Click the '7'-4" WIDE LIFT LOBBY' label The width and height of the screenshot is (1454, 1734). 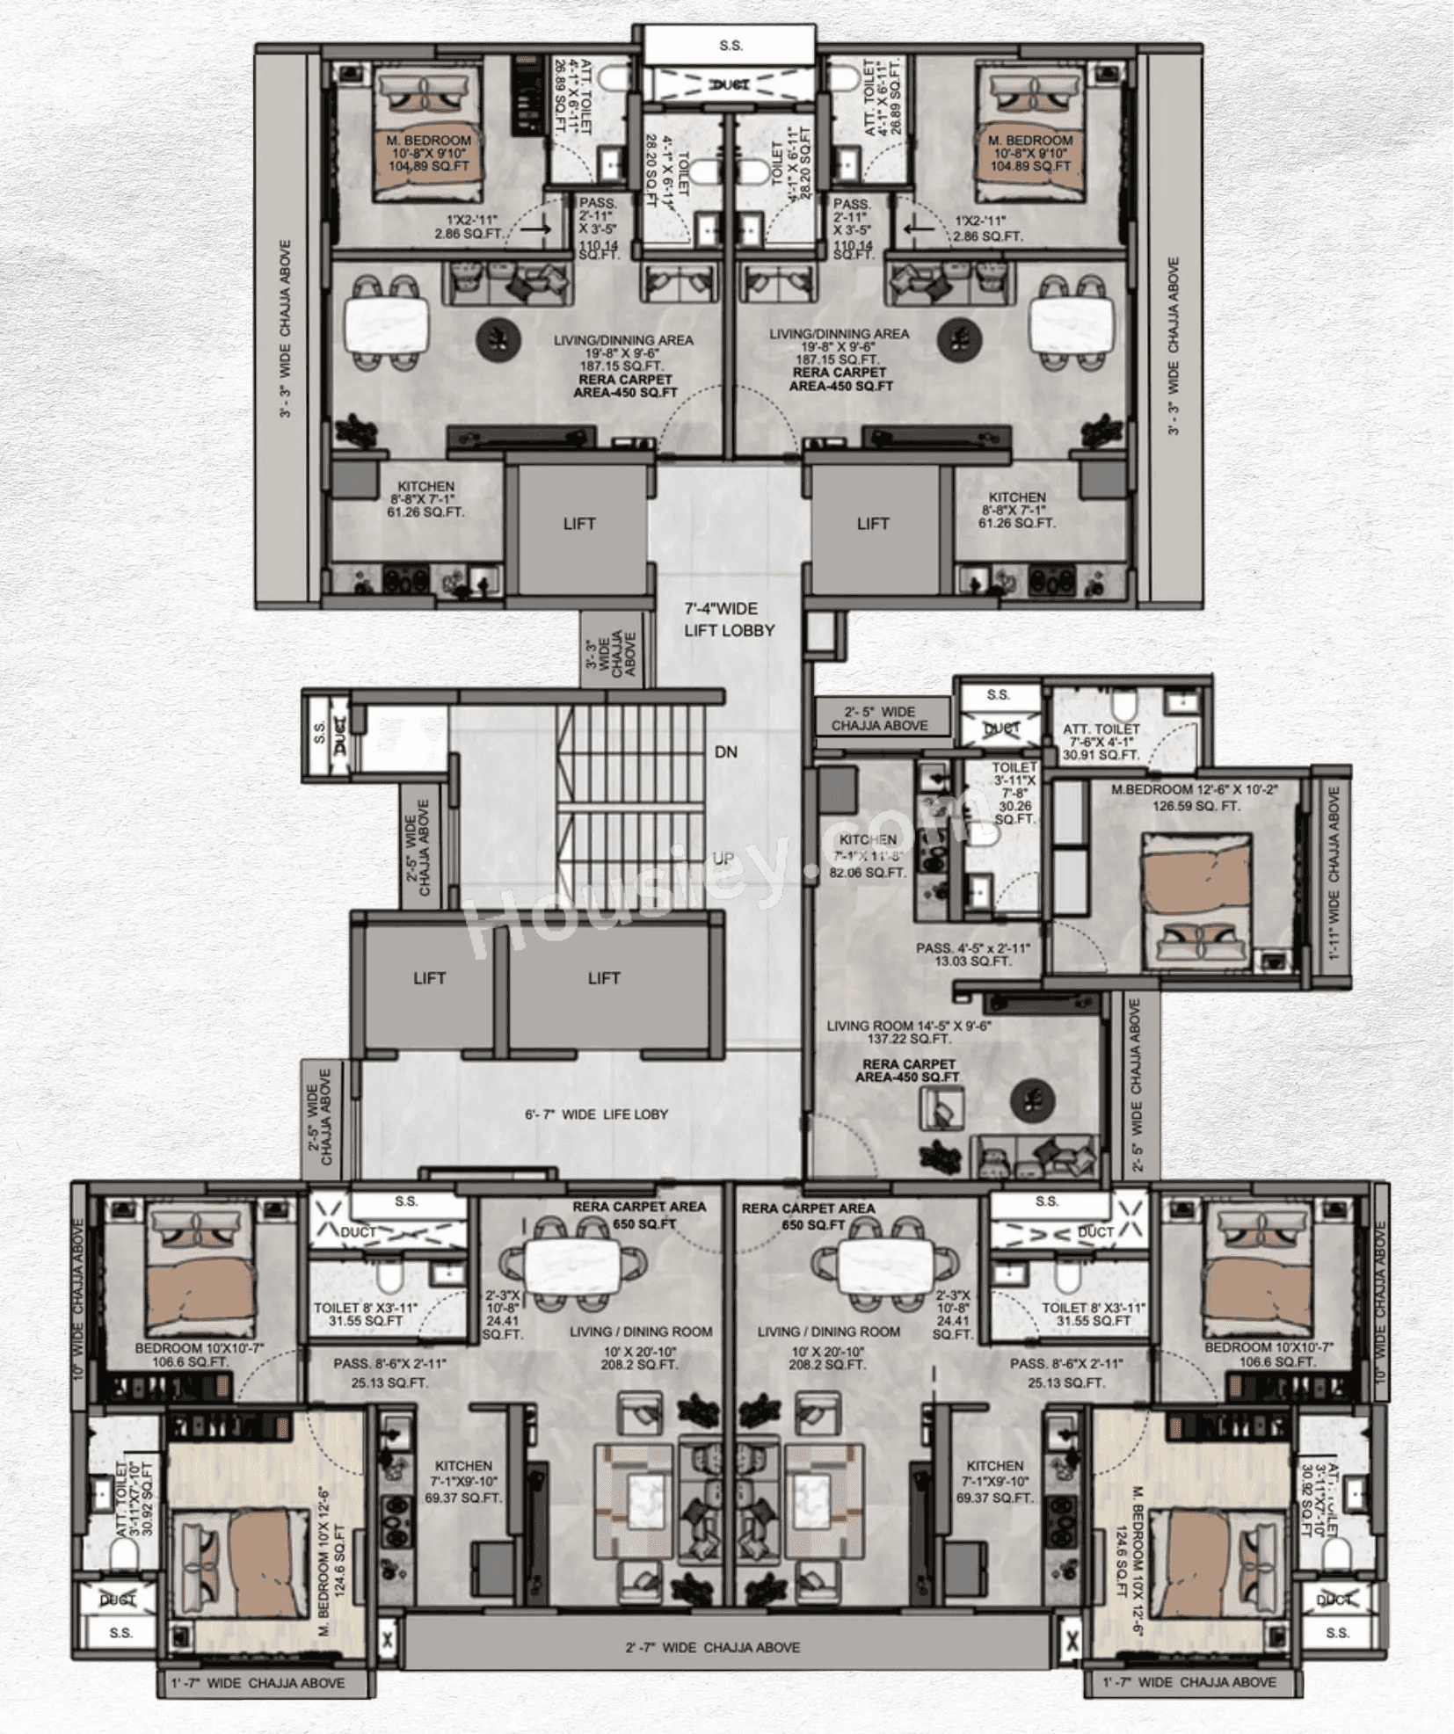(x=729, y=620)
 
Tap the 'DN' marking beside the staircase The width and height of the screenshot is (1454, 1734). (x=726, y=752)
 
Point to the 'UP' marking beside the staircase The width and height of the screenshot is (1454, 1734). (x=723, y=859)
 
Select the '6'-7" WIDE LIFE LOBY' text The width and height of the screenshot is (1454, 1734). (x=596, y=1114)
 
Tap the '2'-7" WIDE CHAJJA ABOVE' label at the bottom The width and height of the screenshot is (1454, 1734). (x=712, y=1647)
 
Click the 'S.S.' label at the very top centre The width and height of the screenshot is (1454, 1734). (x=731, y=46)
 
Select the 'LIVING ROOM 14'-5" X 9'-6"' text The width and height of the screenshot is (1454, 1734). (x=908, y=1026)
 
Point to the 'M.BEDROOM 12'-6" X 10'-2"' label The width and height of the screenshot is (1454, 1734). (x=1194, y=790)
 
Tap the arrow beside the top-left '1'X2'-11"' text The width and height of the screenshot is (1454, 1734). (x=534, y=229)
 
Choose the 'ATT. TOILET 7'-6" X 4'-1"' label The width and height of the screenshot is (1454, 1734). (x=1101, y=736)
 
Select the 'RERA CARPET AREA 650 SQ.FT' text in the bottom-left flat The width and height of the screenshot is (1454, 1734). (x=638, y=1215)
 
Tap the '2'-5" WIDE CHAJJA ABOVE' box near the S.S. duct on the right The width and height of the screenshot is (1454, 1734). (x=880, y=718)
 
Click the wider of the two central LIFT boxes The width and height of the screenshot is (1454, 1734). (x=605, y=978)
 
